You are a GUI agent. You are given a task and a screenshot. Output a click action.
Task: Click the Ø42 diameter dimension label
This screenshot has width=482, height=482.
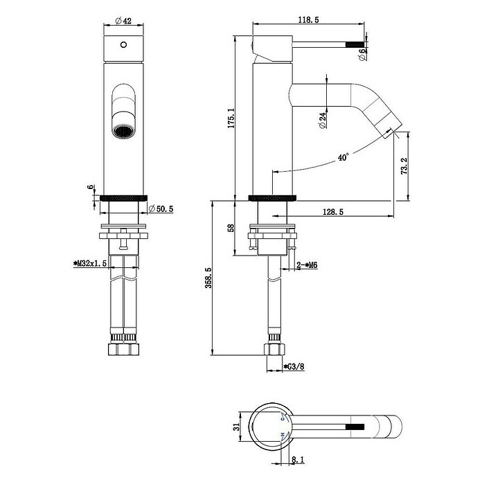pyautogui.click(x=123, y=21)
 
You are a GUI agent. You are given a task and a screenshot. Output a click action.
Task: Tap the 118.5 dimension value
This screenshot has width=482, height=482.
pyautogui.click(x=309, y=19)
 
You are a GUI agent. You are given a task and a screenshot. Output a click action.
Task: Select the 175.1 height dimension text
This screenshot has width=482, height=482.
pyautogui.click(x=231, y=118)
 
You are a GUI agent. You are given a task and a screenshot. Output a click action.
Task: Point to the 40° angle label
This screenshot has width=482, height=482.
pyautogui.click(x=343, y=157)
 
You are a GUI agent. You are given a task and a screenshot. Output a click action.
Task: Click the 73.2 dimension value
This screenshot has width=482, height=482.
pyautogui.click(x=404, y=166)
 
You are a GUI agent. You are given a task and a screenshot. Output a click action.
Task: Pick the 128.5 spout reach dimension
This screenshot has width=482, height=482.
pyautogui.click(x=333, y=212)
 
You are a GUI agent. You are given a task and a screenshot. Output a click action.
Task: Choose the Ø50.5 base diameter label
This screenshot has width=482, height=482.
pyautogui.click(x=161, y=208)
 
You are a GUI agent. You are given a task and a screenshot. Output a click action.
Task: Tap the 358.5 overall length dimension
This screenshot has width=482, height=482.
pyautogui.click(x=208, y=278)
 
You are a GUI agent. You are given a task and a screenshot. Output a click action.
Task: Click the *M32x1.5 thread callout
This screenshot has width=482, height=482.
pyautogui.click(x=90, y=263)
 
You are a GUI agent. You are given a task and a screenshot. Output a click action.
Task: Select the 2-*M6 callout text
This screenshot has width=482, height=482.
pyautogui.click(x=307, y=265)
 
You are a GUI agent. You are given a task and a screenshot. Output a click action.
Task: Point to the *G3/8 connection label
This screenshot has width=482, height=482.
pyautogui.click(x=294, y=366)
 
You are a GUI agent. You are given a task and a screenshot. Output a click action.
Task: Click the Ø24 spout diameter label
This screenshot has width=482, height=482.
pyautogui.click(x=322, y=120)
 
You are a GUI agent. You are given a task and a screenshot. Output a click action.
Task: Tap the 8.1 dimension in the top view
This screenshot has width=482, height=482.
pyautogui.click(x=298, y=460)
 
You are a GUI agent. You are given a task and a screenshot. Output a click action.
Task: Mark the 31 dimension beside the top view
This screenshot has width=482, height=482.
pyautogui.click(x=236, y=427)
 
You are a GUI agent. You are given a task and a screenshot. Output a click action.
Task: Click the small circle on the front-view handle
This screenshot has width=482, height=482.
pyautogui.click(x=123, y=45)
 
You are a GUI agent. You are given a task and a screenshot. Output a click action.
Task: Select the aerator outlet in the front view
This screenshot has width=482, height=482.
pyautogui.click(x=123, y=132)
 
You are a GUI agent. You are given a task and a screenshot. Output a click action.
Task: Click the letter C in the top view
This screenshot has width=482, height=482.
pyautogui.click(x=283, y=418)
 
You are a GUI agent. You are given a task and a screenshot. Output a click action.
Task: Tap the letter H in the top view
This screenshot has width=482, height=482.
pyautogui.click(x=283, y=435)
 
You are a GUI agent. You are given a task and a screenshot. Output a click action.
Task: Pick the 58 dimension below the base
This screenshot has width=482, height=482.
pyautogui.click(x=231, y=228)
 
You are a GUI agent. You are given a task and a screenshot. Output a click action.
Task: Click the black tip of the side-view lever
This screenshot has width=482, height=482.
pyautogui.click(x=355, y=45)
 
